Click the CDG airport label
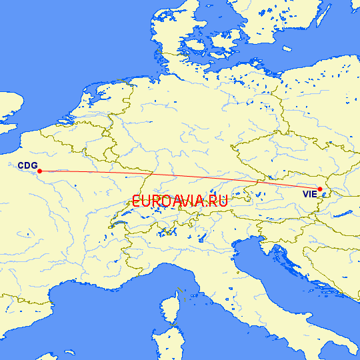click(x=27, y=165)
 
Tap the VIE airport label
click(x=309, y=195)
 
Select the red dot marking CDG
click(x=40, y=171)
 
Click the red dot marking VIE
click(x=321, y=189)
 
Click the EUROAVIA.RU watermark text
click(x=180, y=201)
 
